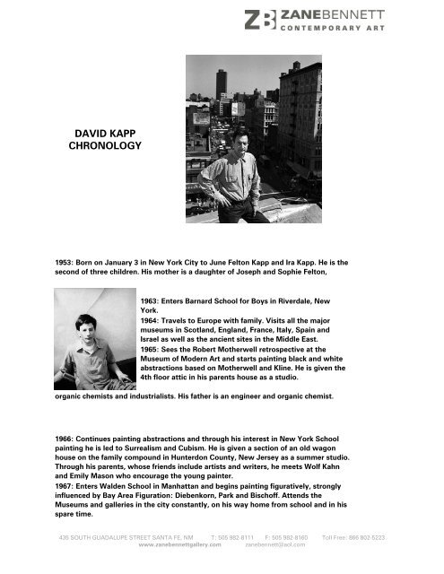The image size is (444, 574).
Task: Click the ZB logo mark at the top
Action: pos(260,20)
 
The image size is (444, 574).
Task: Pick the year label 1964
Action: pos(153,319)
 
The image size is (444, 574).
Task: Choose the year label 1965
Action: pos(153,350)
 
